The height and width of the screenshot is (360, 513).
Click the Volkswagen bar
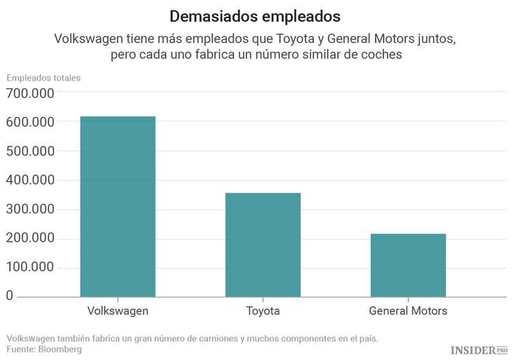(118, 206)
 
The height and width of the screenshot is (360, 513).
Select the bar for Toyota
(263, 244)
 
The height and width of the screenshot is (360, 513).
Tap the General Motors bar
(408, 265)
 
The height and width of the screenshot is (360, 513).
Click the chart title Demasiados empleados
(255, 15)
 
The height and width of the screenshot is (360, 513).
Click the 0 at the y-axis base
(10, 296)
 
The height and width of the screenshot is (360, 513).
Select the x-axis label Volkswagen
(118, 311)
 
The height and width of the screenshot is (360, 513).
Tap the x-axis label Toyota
(263, 311)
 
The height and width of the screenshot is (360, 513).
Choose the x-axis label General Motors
(408, 311)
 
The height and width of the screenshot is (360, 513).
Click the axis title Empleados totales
(44, 77)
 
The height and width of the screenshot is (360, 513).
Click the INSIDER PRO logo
(479, 350)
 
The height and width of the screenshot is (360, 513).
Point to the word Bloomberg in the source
(60, 349)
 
